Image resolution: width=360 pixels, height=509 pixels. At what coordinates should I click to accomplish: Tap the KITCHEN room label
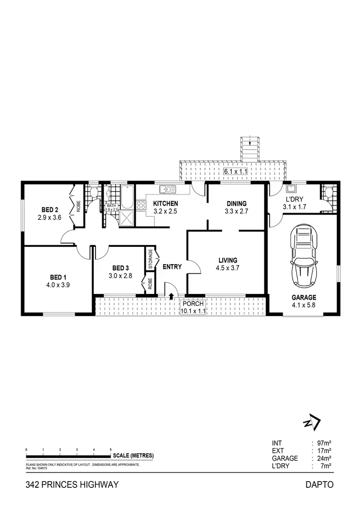click(x=166, y=203)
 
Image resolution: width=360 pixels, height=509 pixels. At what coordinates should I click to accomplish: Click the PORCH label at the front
click(x=193, y=303)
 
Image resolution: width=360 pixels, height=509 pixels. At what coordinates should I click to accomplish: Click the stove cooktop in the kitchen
click(x=141, y=206)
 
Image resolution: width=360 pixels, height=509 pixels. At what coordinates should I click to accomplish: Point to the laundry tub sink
click(x=291, y=188)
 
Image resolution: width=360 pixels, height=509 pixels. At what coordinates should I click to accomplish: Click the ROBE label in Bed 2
click(x=78, y=206)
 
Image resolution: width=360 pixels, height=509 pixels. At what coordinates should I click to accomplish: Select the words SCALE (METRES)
click(x=133, y=455)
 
